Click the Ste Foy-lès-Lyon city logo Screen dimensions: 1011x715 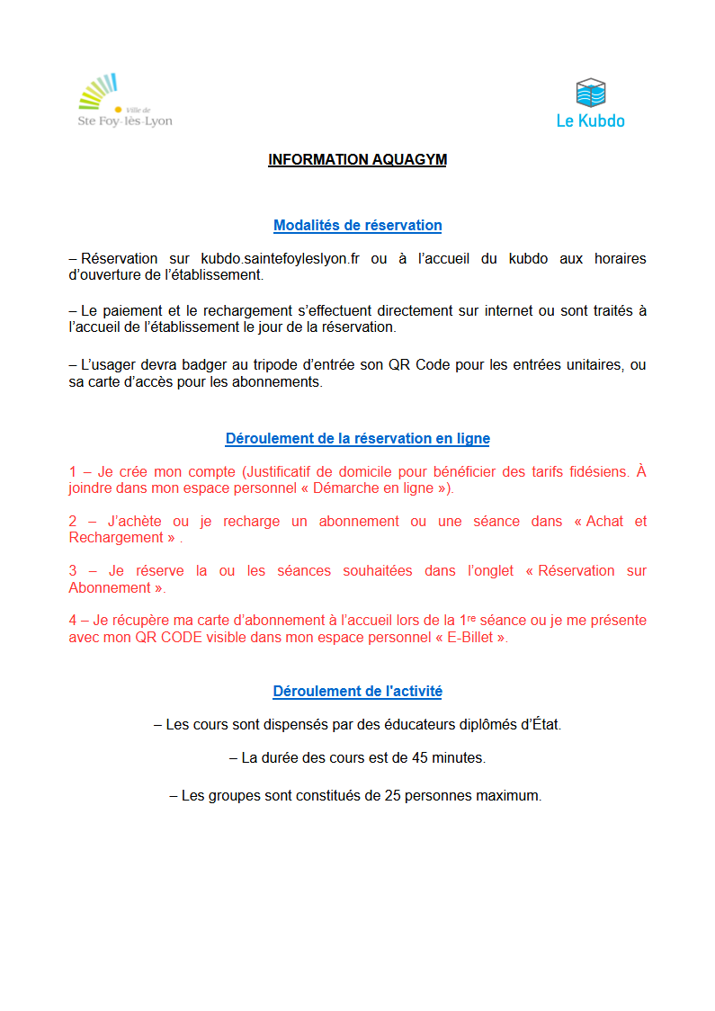click(x=124, y=101)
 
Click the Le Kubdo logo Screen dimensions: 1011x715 click(x=590, y=103)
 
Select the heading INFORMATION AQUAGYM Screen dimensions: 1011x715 click(x=357, y=160)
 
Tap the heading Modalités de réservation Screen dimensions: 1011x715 click(x=357, y=226)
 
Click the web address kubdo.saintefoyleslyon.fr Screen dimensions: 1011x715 click(x=280, y=259)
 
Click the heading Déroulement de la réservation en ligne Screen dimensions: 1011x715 click(x=357, y=439)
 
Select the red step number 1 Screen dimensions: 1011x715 click(x=73, y=472)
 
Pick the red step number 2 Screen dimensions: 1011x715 click(x=73, y=522)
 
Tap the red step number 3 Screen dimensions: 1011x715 click(x=73, y=571)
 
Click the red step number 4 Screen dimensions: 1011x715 click(x=73, y=621)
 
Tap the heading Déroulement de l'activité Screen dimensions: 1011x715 click(x=357, y=692)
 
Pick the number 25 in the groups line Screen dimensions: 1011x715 click(x=392, y=796)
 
